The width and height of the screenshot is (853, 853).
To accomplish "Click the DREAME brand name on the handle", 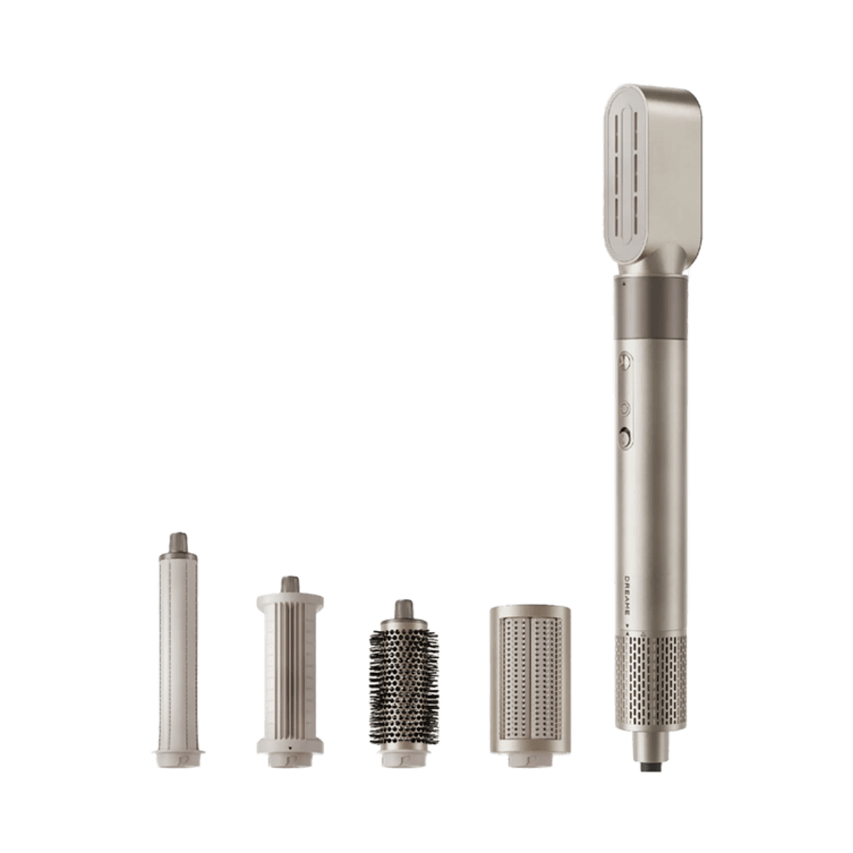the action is (x=626, y=596).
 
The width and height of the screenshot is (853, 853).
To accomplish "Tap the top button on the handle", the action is (x=626, y=361).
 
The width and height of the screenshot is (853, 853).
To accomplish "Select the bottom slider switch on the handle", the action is (x=626, y=439).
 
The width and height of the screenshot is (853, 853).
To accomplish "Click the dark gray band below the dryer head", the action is (x=651, y=308).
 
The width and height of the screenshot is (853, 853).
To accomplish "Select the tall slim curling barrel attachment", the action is (x=178, y=650).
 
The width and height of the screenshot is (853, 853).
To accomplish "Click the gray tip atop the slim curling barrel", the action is (x=178, y=542).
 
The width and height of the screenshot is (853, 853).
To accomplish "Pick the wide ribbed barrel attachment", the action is (x=290, y=672).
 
